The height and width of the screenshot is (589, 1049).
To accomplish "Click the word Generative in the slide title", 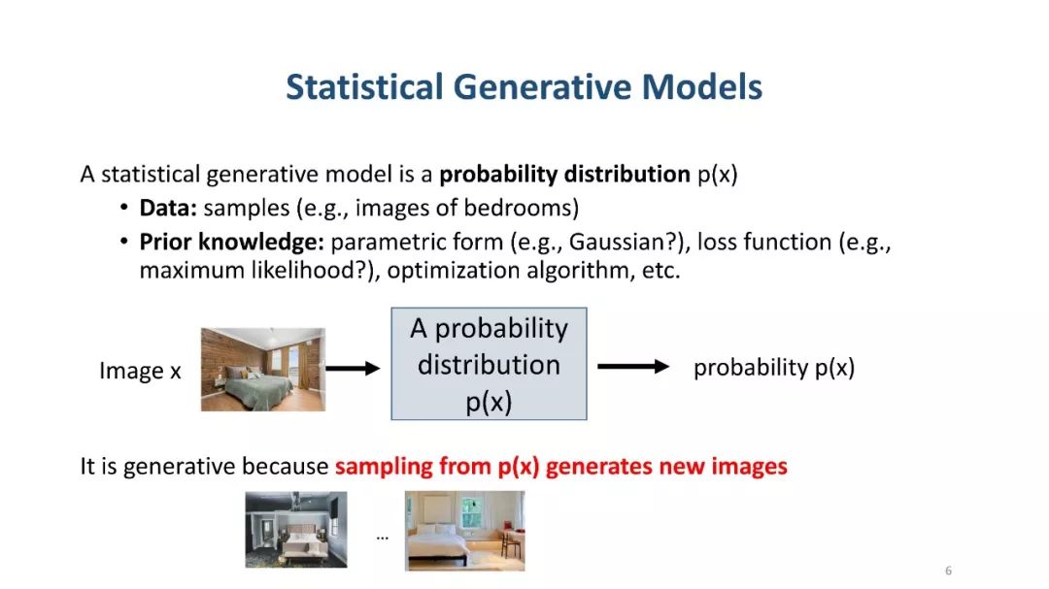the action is (542, 87).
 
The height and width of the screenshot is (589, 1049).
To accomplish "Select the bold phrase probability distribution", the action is (564, 176).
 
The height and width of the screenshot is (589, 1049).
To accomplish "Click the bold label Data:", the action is (168, 208).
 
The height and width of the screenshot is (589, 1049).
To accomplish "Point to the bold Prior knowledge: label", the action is (231, 242).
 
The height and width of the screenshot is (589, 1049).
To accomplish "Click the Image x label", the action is (140, 371).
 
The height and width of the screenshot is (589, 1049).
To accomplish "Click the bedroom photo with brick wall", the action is (263, 369).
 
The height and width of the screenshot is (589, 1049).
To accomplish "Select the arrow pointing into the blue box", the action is (354, 368).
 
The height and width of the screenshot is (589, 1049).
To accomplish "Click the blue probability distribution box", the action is (489, 364).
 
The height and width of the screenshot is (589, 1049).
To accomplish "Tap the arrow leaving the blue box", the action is (633, 367).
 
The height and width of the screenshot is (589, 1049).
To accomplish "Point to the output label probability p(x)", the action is (774, 368).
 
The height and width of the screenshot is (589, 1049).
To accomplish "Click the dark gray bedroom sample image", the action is (295, 530).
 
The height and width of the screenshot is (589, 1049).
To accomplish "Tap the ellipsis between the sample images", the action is (382, 537).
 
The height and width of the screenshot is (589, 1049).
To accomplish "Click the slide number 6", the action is (948, 571).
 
